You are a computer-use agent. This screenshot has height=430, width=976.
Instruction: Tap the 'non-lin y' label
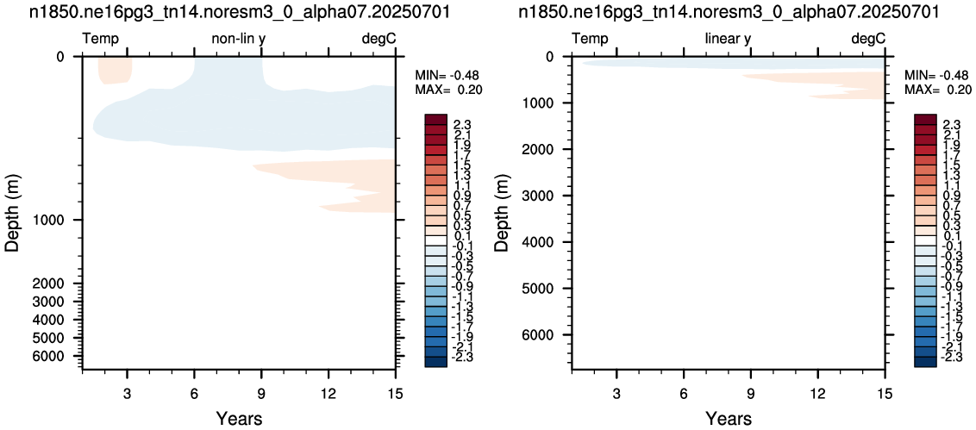(x=240, y=40)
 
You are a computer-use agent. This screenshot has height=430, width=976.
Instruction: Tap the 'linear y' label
(x=728, y=40)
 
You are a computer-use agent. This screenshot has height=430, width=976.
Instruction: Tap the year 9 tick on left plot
(x=261, y=393)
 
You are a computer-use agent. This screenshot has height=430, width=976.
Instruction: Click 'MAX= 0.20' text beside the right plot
(x=938, y=90)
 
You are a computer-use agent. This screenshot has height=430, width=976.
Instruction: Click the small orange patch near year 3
(x=116, y=70)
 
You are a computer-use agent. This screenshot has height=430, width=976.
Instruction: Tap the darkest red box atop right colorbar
(x=926, y=120)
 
